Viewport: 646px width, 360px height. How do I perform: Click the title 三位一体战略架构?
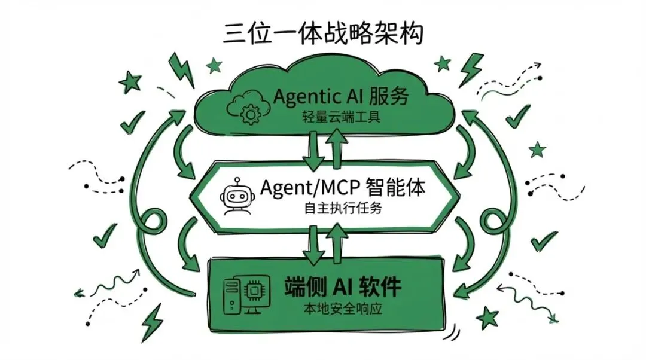[x=324, y=33]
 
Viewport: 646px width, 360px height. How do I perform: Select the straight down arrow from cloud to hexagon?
[x=313, y=150]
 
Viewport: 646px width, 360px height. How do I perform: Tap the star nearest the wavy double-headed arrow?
[x=490, y=316]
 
